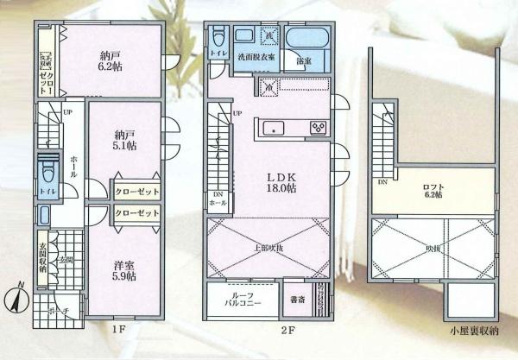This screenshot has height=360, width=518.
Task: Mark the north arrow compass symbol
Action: click(19, 302)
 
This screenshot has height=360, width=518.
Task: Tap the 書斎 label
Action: click(296, 301)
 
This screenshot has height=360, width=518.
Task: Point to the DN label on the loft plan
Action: click(381, 183)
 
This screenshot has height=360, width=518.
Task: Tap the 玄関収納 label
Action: click(41, 258)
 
